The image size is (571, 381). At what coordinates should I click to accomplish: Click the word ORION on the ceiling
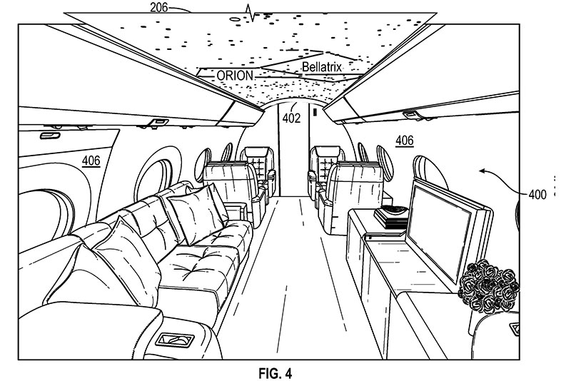[218, 74]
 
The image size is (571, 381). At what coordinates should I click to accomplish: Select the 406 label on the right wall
[405, 141]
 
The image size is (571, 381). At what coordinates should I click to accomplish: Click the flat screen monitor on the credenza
[450, 228]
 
